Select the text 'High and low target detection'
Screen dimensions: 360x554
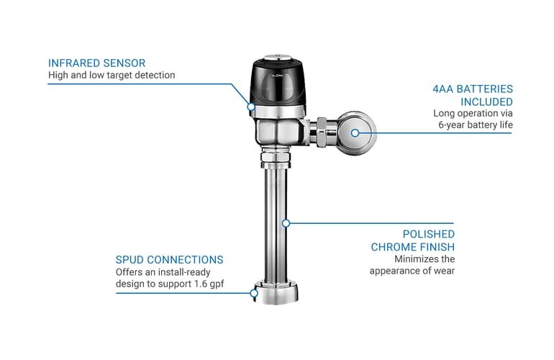112,75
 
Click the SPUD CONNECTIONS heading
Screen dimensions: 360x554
169,259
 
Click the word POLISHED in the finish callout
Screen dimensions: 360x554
428,235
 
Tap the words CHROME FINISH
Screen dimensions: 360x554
413,247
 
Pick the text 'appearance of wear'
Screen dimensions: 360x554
412,271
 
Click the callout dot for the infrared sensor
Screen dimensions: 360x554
251,107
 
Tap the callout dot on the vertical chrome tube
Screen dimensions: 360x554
286,223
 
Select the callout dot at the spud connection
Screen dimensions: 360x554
254,292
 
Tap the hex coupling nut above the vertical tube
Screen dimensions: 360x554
278,156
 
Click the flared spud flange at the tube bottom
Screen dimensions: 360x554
278,294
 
